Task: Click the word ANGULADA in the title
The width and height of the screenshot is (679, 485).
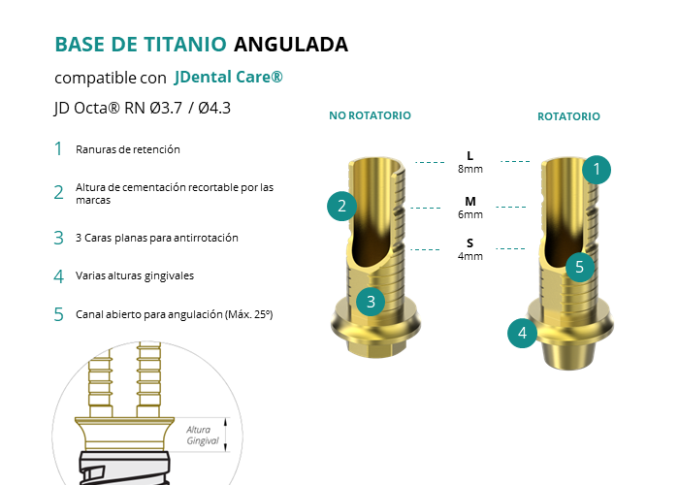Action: [x=291, y=45]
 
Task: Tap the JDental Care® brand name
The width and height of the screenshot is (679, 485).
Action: [x=228, y=77]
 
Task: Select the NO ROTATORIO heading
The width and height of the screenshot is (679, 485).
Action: [x=370, y=115]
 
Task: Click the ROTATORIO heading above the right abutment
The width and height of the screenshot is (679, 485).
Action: [x=568, y=116]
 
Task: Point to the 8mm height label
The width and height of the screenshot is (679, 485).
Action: [x=470, y=169]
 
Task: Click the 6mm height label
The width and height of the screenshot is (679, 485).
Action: [x=470, y=214]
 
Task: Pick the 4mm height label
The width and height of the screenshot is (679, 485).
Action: [x=470, y=256]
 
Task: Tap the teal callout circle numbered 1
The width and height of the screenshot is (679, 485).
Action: [x=597, y=170]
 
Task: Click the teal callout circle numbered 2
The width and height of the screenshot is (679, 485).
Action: [x=341, y=206]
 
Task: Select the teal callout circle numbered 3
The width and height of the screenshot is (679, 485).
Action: [x=371, y=302]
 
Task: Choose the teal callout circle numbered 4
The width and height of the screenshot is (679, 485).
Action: [x=522, y=333]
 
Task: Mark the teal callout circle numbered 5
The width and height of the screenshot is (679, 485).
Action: [x=580, y=267]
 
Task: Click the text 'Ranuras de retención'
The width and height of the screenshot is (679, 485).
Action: [x=128, y=149]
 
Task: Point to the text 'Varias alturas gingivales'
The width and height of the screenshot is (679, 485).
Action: [x=135, y=275]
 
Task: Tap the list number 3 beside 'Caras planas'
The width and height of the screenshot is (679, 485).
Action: [x=58, y=238]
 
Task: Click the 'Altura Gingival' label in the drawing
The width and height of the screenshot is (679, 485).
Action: [x=203, y=436]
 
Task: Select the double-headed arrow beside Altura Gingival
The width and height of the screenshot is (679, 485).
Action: [x=226, y=435]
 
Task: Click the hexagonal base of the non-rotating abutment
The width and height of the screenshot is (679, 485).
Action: [x=375, y=347]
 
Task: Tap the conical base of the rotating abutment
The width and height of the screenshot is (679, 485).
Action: [x=568, y=353]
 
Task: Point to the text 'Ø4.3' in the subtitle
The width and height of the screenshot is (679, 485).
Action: [x=214, y=108]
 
